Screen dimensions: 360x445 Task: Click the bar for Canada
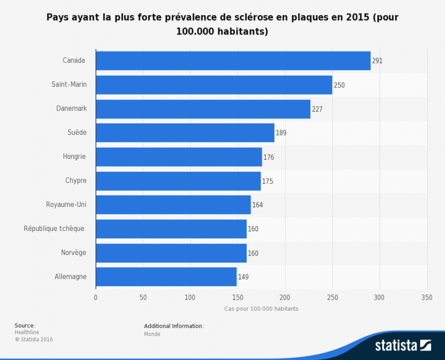pyautogui.click(x=233, y=61)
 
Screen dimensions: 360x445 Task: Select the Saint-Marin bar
pyautogui.click(x=214, y=85)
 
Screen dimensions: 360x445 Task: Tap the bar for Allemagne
pyautogui.click(x=166, y=277)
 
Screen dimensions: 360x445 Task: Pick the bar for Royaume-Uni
pyautogui.click(x=173, y=205)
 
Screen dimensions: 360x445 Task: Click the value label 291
pyautogui.click(x=377, y=61)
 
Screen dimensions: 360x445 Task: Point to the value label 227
pyautogui.click(x=317, y=109)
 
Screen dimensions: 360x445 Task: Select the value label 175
pyautogui.click(x=268, y=181)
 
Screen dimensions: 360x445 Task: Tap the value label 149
pyautogui.click(x=243, y=277)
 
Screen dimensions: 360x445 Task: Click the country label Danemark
pyautogui.click(x=71, y=108)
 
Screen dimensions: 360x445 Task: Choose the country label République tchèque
pyautogui.click(x=54, y=228)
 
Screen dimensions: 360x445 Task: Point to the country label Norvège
pyautogui.click(x=73, y=252)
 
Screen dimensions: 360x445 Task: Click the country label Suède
pyautogui.click(x=77, y=132)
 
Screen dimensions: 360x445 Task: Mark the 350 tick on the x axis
pyautogui.click(x=427, y=298)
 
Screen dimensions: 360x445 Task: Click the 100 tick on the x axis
pyautogui.click(x=190, y=298)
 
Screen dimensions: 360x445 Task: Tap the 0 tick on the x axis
pyautogui.click(x=96, y=298)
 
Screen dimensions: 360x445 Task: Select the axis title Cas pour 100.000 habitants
pyautogui.click(x=261, y=309)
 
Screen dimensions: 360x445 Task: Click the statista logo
pyautogui.click(x=403, y=345)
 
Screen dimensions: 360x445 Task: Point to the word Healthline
pyautogui.click(x=27, y=332)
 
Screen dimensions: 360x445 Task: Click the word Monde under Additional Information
pyautogui.click(x=152, y=334)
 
